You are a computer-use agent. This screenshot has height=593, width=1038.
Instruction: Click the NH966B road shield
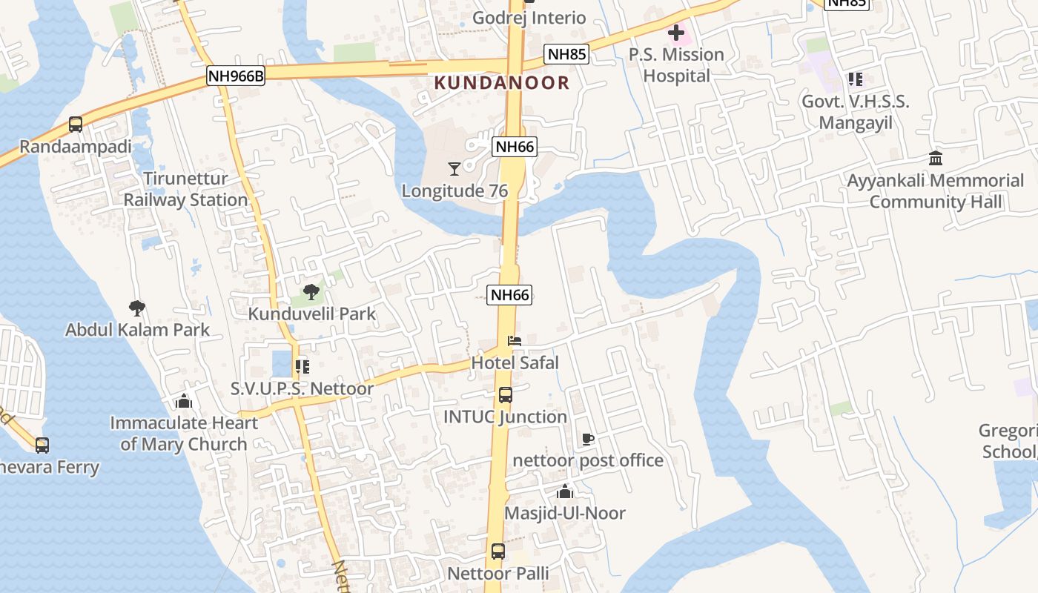[x=235, y=75]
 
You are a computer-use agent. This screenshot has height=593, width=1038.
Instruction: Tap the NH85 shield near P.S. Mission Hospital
[x=566, y=54]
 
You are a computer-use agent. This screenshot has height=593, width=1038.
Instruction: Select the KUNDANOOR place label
[x=502, y=82]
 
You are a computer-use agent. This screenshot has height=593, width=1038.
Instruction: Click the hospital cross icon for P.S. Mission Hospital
[x=676, y=33]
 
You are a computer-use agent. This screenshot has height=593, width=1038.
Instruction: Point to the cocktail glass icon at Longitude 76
[x=454, y=169]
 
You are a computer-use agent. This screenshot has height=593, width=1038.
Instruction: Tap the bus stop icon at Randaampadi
[x=76, y=125]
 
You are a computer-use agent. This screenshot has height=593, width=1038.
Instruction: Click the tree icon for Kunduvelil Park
[x=311, y=291]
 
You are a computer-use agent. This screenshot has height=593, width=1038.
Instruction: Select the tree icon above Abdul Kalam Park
[x=136, y=308]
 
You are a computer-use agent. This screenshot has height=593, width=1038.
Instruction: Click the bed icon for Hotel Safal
[x=515, y=341]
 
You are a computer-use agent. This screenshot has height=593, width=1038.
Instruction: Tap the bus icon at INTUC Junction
[x=506, y=395]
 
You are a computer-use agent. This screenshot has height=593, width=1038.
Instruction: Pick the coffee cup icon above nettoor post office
[x=588, y=439]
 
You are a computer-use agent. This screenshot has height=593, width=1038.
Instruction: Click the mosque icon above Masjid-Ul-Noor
[x=565, y=491]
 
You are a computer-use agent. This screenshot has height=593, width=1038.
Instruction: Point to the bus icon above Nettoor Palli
[x=498, y=551]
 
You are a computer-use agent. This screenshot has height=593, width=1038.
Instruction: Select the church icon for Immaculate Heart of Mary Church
[x=184, y=401]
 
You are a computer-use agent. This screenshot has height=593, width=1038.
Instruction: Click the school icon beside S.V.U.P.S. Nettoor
[x=302, y=366]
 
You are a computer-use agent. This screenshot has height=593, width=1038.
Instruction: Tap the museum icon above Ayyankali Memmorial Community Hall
[x=936, y=159]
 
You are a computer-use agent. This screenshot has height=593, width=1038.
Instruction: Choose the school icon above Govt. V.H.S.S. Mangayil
[x=856, y=79]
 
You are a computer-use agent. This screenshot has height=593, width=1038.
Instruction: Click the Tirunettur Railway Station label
[x=185, y=189]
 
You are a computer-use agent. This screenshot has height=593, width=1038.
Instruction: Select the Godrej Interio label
[x=529, y=18]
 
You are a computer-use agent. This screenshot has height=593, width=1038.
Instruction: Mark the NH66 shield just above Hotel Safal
[x=510, y=295]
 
